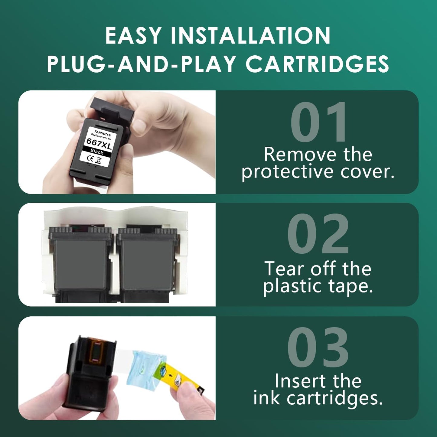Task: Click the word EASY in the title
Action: tap(133, 36)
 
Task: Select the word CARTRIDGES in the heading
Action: tap(317, 64)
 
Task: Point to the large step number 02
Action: tap(318, 234)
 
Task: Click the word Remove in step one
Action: tap(300, 155)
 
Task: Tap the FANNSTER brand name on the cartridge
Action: tap(103, 133)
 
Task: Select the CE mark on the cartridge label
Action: tap(90, 158)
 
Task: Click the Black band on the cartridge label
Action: tap(97, 152)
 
